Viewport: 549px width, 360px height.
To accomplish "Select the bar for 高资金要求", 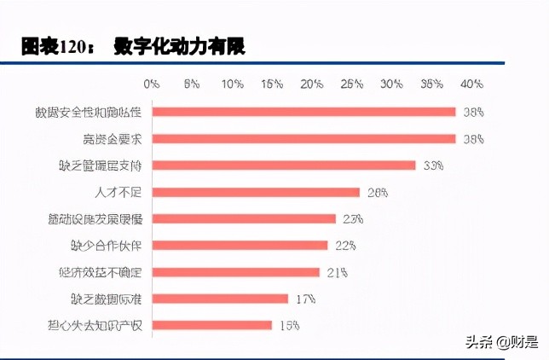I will tap(304, 139).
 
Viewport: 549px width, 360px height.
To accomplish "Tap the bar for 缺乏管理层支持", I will tap(284, 165).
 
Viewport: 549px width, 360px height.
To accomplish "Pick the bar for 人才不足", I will tap(256, 192).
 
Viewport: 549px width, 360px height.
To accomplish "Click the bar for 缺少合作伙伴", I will tap(240, 245).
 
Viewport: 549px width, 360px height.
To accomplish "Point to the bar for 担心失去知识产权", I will tap(212, 325).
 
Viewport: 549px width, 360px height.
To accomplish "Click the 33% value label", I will tap(433, 165).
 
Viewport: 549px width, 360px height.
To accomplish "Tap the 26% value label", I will tap(378, 192).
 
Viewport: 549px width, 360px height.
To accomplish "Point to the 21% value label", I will tap(337, 272).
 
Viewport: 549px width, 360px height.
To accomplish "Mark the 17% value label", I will tap(306, 299).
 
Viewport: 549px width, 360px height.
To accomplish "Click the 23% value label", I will tap(353, 218).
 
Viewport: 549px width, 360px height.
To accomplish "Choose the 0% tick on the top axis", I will tap(152, 84).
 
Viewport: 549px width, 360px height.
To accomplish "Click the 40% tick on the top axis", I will tap(471, 84).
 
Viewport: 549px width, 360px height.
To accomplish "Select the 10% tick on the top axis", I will tap(232, 84).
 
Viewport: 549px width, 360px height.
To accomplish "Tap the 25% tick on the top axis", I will tap(351, 84).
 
